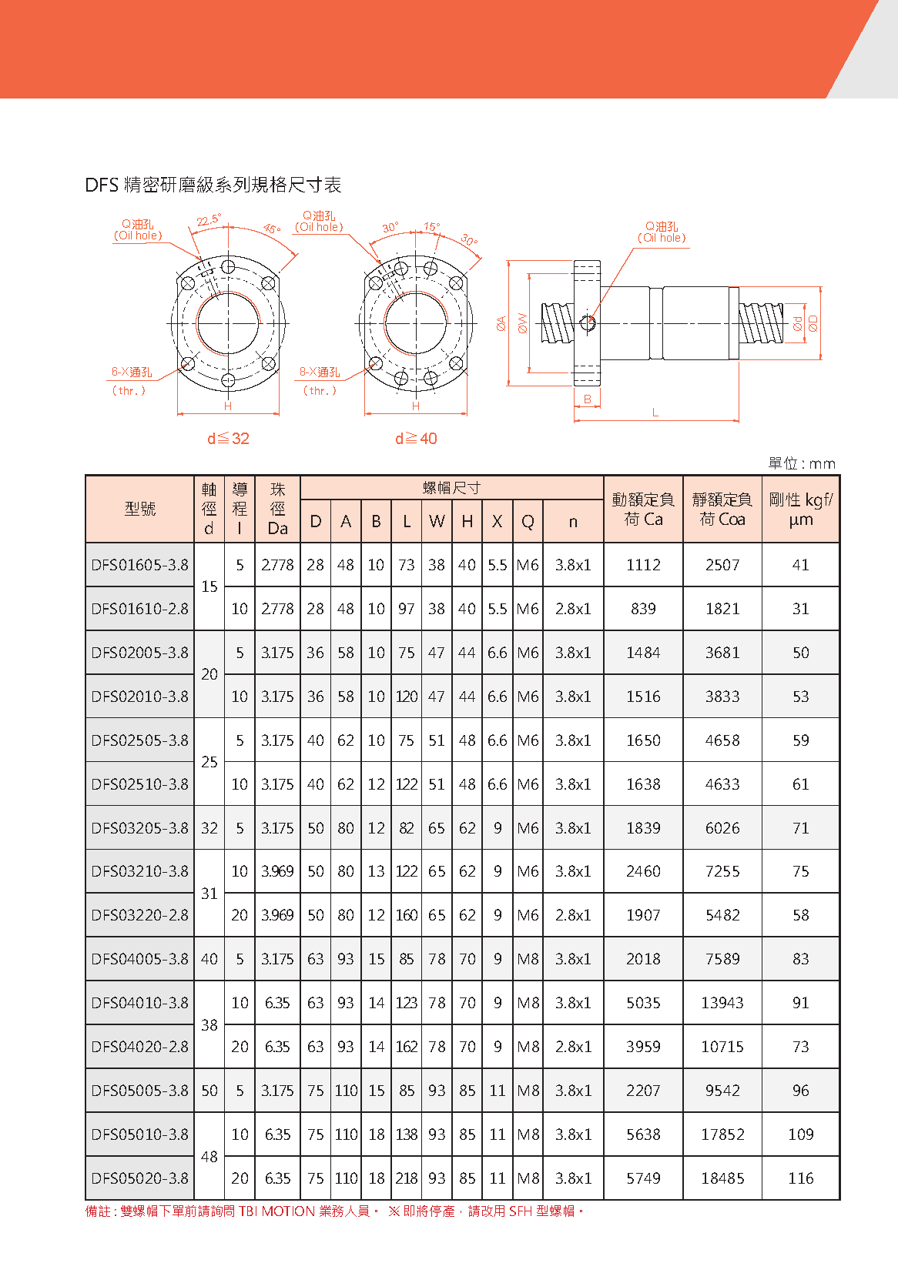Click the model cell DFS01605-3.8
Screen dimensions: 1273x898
click(x=139, y=565)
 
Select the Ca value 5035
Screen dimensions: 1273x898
click(x=643, y=1003)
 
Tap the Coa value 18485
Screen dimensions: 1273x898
click(x=722, y=1178)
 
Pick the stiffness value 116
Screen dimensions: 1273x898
click(x=801, y=1178)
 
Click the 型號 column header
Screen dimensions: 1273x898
click(x=139, y=509)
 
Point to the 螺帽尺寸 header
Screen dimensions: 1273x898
click(x=451, y=488)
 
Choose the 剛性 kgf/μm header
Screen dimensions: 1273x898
click(x=801, y=509)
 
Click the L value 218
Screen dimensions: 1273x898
click(x=407, y=1178)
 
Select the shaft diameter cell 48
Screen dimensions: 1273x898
click(x=209, y=1157)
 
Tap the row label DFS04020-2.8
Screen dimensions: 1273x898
click(x=139, y=1047)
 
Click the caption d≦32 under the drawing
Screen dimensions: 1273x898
click(x=228, y=439)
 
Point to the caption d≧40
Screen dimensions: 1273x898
click(x=416, y=439)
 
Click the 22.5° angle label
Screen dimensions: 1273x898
click(x=208, y=220)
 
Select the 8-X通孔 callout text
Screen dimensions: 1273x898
click(x=320, y=373)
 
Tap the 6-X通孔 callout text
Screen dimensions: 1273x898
click(x=132, y=373)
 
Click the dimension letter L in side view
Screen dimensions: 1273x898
click(x=655, y=413)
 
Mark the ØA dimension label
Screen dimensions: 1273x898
click(x=501, y=323)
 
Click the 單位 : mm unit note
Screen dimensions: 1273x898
click(x=801, y=463)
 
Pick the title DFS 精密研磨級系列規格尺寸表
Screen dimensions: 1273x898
click(x=213, y=185)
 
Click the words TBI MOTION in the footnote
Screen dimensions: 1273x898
click(x=276, y=1211)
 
